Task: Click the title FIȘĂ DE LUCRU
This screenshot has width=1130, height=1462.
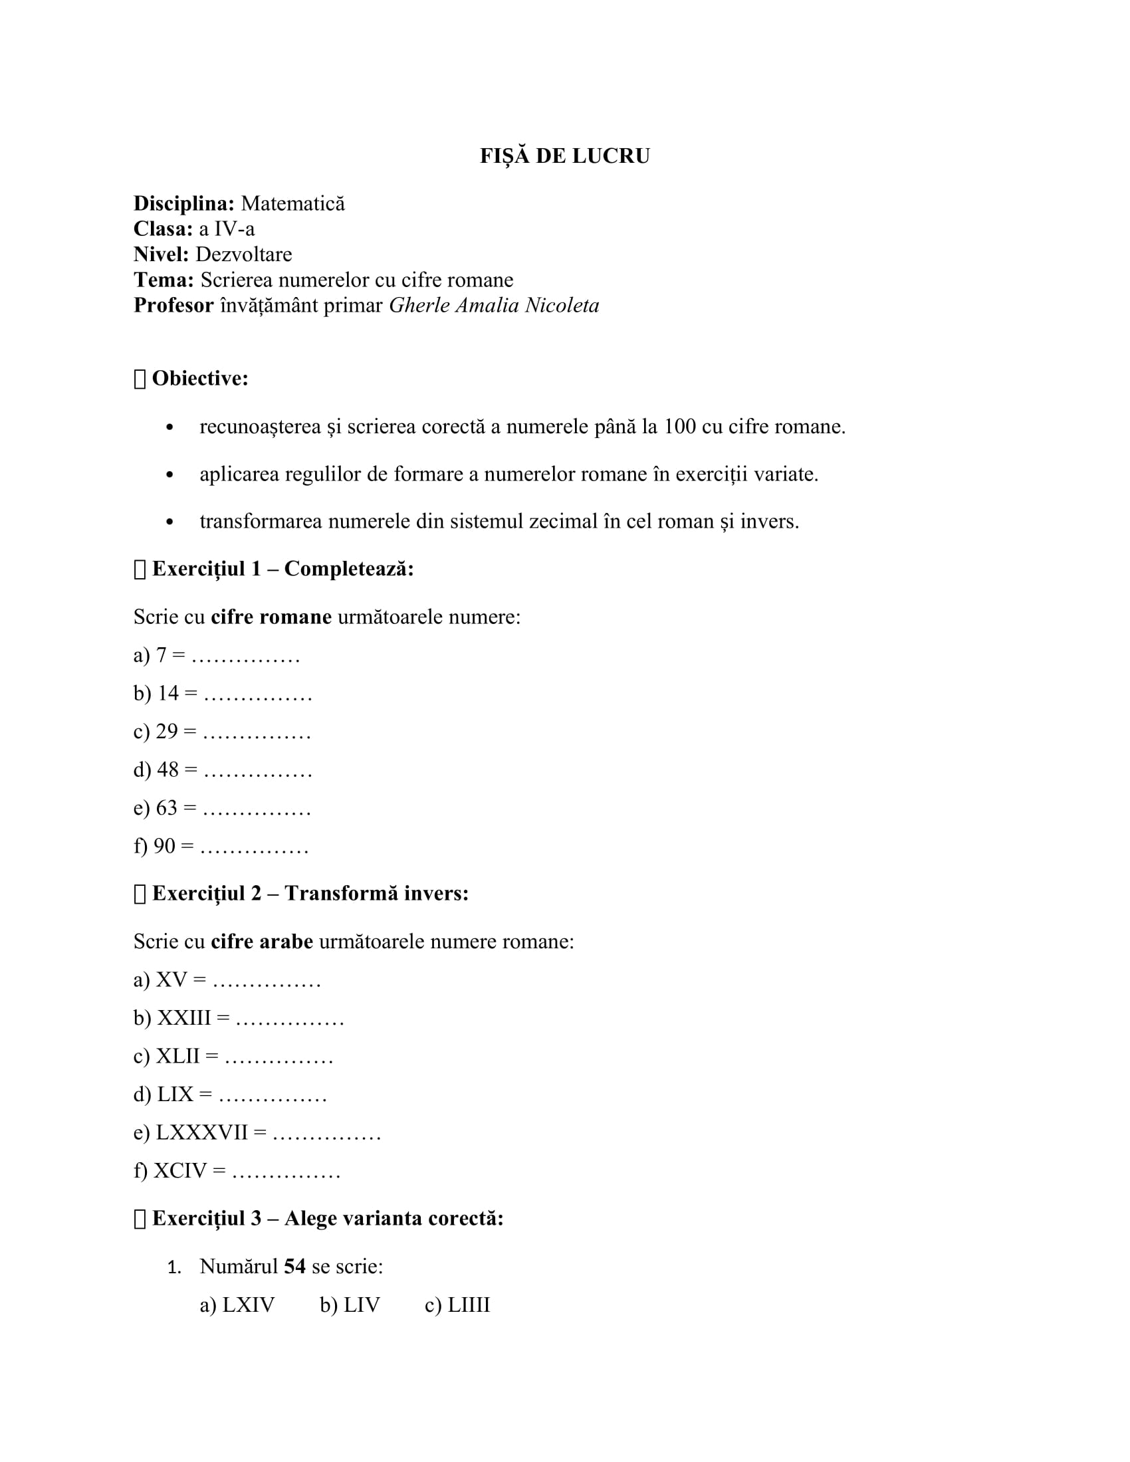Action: click(x=564, y=156)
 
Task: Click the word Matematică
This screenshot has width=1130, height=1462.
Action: click(x=292, y=203)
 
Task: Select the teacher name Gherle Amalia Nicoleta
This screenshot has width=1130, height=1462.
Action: click(x=494, y=305)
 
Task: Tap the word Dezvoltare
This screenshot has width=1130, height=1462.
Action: click(x=244, y=255)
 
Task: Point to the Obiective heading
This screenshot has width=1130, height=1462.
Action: click(x=200, y=378)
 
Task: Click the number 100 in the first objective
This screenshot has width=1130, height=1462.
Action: click(x=679, y=427)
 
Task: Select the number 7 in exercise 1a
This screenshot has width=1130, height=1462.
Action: click(x=162, y=655)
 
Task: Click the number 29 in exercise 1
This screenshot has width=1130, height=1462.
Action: click(x=168, y=731)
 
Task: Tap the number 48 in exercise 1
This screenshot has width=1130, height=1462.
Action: click(x=168, y=769)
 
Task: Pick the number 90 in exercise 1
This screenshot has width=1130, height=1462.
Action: click(x=165, y=846)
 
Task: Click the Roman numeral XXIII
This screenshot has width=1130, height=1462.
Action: click(x=184, y=1018)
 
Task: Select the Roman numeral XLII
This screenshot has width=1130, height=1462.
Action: click(x=178, y=1057)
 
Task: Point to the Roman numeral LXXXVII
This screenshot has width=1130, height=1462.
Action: click(x=202, y=1132)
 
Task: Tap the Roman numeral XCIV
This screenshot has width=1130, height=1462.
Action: click(x=181, y=1171)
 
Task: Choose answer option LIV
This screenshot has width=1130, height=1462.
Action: click(x=362, y=1305)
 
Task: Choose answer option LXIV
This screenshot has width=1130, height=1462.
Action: click(x=249, y=1305)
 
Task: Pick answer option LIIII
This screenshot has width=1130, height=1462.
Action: click(x=469, y=1305)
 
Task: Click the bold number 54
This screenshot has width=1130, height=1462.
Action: click(x=294, y=1267)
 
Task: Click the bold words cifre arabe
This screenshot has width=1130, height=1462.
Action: click(x=262, y=942)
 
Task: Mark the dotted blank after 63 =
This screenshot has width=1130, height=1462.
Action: click(x=257, y=809)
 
